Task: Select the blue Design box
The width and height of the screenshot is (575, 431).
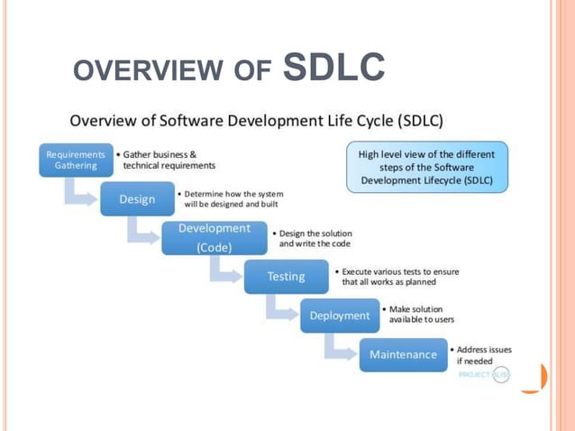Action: [x=137, y=199]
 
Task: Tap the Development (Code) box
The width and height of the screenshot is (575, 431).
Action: [x=214, y=238]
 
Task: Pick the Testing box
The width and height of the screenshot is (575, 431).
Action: [x=286, y=276]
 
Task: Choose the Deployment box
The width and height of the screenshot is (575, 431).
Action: [x=340, y=316]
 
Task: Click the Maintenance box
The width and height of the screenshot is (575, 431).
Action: [x=403, y=354]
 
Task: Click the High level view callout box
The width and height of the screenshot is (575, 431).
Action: [x=427, y=167]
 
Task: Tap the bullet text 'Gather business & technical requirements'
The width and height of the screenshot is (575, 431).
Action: [x=169, y=160]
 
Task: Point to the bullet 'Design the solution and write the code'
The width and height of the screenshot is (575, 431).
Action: [x=315, y=238]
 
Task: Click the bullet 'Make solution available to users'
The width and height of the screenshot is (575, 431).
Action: [x=420, y=315]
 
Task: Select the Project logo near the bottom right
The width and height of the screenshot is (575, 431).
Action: [x=485, y=374]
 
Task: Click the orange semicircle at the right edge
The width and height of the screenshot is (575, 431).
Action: [x=537, y=379]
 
